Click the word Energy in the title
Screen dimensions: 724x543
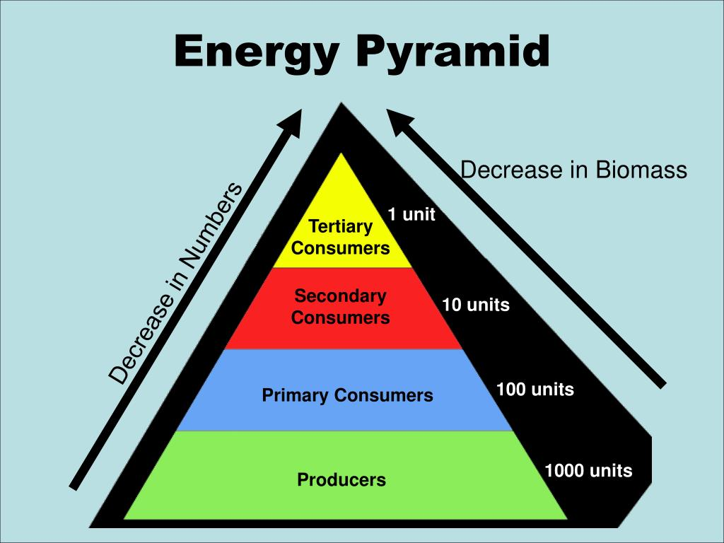(x=257, y=53)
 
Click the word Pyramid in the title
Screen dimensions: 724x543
(x=452, y=53)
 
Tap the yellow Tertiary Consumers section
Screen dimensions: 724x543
(x=341, y=221)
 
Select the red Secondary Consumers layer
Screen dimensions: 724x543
(x=344, y=308)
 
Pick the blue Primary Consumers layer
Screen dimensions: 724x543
(x=344, y=390)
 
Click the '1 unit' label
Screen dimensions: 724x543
(x=411, y=214)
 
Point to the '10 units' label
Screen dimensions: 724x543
(x=476, y=305)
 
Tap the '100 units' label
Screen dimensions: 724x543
(x=535, y=390)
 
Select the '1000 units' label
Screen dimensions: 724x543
(x=588, y=470)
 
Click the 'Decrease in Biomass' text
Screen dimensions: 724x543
(x=573, y=170)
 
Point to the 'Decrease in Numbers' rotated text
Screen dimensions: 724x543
(x=175, y=283)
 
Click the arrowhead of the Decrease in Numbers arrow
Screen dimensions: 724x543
(x=290, y=122)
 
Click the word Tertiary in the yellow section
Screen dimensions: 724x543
(x=340, y=226)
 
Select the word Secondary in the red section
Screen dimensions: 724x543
(x=340, y=296)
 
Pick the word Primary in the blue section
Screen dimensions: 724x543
(x=296, y=395)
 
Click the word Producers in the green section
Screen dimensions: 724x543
(x=341, y=480)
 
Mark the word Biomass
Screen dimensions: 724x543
(x=641, y=170)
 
